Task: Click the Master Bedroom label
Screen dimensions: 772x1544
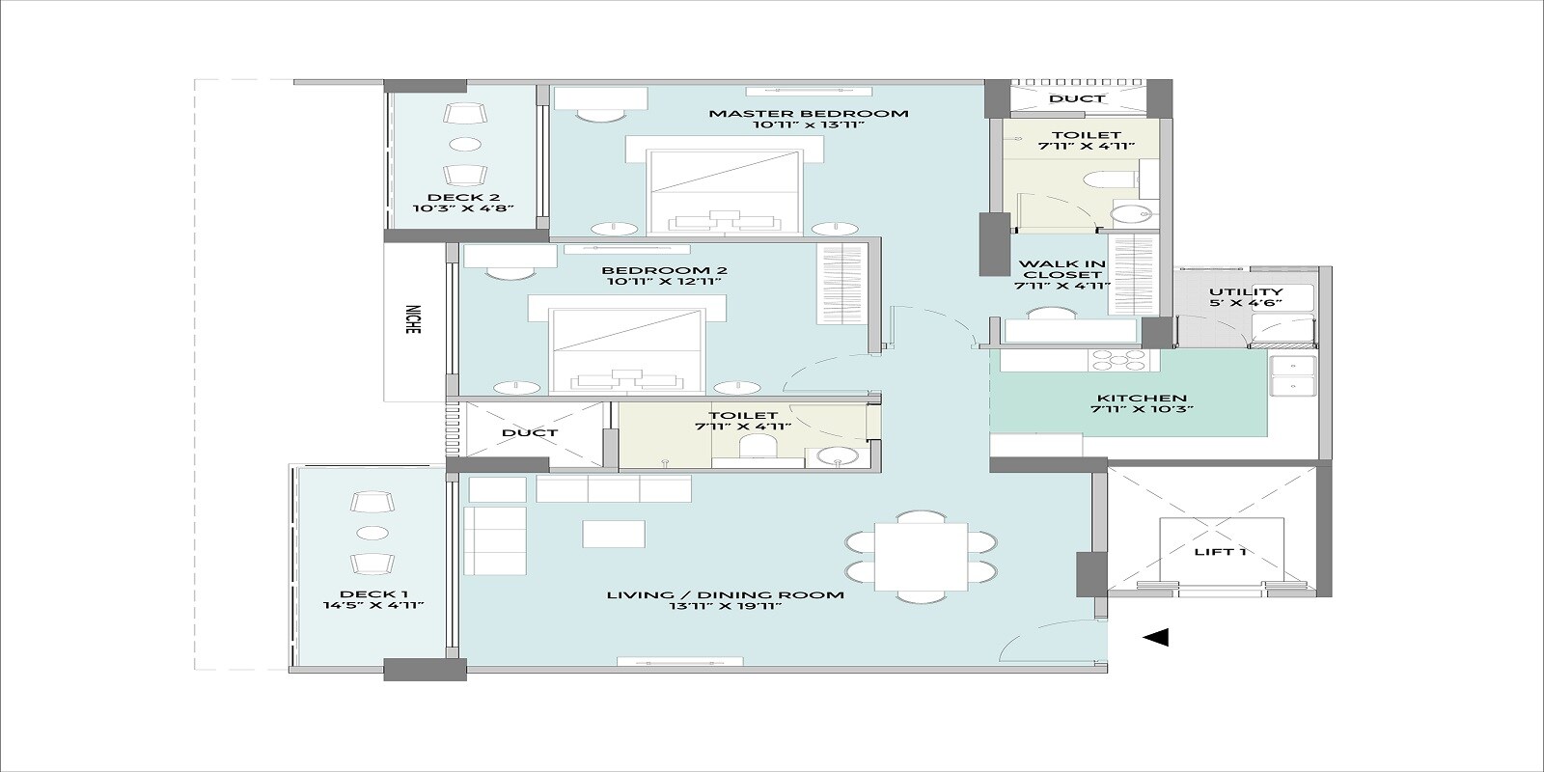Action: (x=809, y=113)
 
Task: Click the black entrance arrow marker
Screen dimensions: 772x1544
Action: (x=1155, y=637)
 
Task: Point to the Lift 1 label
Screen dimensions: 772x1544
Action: (x=1220, y=552)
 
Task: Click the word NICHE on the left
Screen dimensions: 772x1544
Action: (x=413, y=320)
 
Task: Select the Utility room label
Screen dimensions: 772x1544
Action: (x=1246, y=291)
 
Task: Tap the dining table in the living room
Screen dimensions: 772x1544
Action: (x=921, y=558)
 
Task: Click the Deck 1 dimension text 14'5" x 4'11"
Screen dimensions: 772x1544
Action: (x=374, y=606)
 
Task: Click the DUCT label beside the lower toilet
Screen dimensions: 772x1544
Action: (x=529, y=432)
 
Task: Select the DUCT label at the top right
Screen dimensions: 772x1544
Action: (x=1077, y=98)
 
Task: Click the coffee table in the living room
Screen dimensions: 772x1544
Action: (x=614, y=534)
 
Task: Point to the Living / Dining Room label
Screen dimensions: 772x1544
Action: (x=725, y=594)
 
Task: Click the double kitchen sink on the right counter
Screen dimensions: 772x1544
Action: (x=1292, y=376)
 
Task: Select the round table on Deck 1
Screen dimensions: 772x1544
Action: (x=372, y=533)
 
